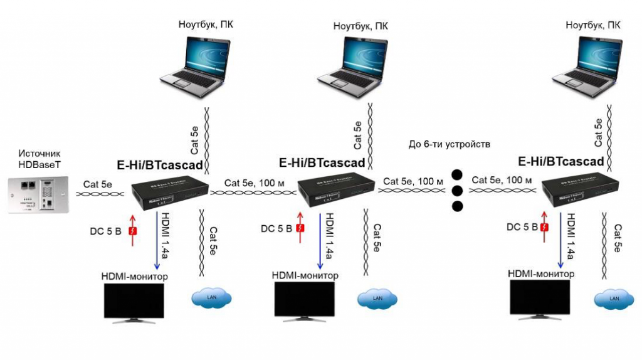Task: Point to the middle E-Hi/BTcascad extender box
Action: pyautogui.click(x=335, y=190)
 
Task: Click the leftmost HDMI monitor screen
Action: pyautogui.click(x=134, y=300)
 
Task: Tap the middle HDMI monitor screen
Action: pyautogui.click(x=303, y=299)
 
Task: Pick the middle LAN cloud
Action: pyautogui.click(x=376, y=299)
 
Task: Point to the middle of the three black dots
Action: pyautogui.click(x=458, y=190)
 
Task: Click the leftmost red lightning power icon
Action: pyautogui.click(x=132, y=231)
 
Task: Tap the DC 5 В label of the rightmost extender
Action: pyautogui.click(x=522, y=227)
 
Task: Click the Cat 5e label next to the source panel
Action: pyautogui.click(x=97, y=184)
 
